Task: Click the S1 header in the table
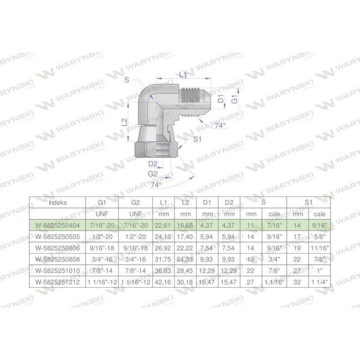(x=308, y=202)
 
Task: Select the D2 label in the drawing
(x=153, y=163)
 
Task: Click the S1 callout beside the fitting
(x=197, y=140)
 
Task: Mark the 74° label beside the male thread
(x=220, y=126)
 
